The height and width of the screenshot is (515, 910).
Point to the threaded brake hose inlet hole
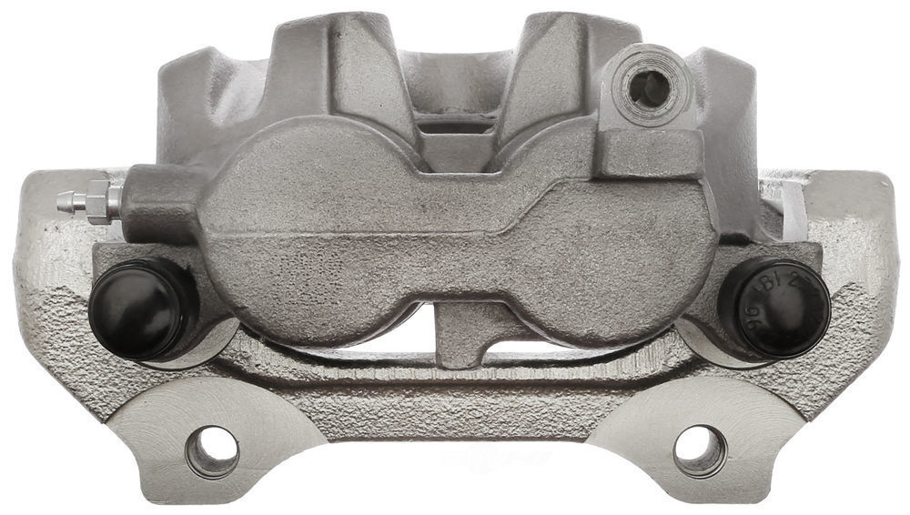coord(650,88)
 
